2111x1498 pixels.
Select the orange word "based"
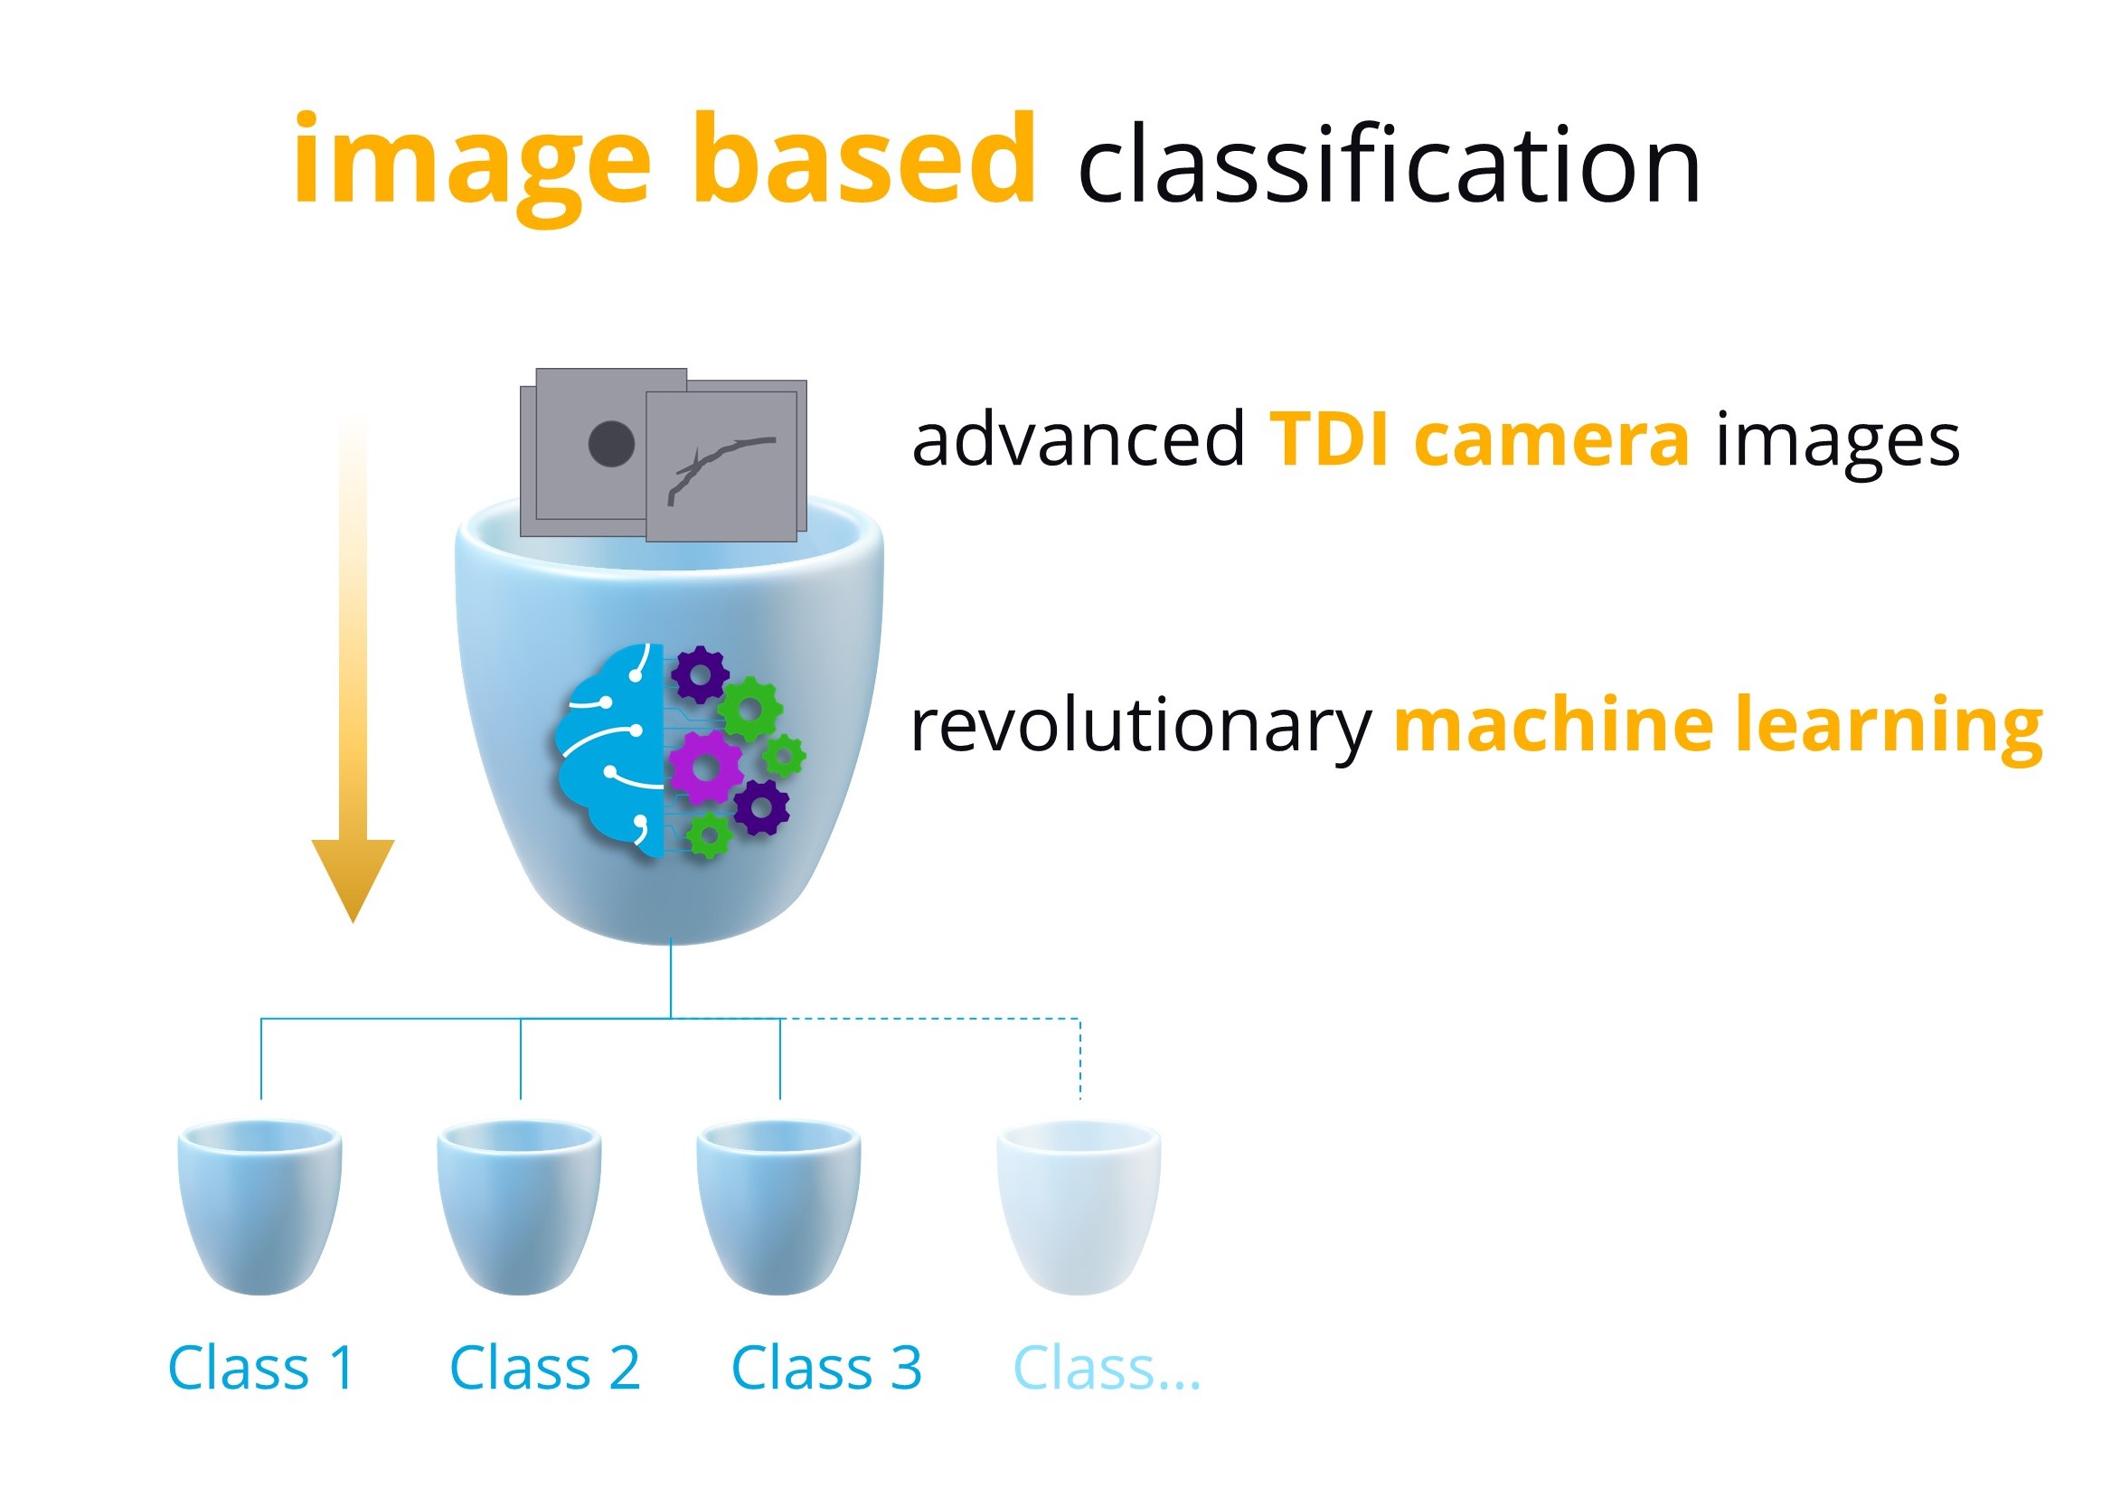(x=865, y=155)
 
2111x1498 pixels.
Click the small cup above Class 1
(x=260, y=1208)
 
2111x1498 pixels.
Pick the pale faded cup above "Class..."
(x=1079, y=1208)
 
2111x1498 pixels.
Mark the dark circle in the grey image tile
(x=611, y=444)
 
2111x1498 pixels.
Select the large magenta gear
(x=705, y=768)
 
